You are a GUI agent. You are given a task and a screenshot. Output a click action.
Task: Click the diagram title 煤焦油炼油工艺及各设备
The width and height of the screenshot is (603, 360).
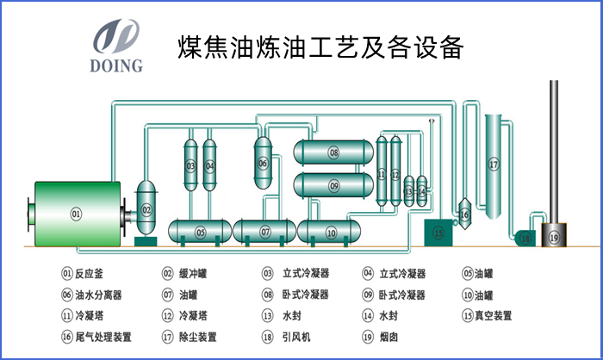click(320, 47)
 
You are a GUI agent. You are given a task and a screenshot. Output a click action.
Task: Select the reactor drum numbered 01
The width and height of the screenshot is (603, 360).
click(76, 214)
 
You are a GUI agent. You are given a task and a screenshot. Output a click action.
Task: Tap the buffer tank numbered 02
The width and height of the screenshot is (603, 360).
click(146, 209)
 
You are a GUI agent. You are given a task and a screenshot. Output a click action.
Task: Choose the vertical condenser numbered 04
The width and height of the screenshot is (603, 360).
click(209, 164)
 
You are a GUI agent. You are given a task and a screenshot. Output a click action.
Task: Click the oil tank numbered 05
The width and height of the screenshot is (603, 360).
click(200, 232)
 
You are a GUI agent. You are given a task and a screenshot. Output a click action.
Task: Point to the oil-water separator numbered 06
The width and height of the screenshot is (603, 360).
click(263, 161)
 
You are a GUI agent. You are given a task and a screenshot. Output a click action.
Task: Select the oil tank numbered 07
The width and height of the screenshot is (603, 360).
click(264, 232)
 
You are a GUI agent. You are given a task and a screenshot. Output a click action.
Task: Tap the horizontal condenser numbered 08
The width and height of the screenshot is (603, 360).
click(333, 153)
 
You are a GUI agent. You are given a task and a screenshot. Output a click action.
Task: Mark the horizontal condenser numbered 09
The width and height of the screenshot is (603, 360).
click(333, 184)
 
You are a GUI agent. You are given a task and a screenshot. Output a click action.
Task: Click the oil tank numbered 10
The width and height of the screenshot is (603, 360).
click(331, 232)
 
